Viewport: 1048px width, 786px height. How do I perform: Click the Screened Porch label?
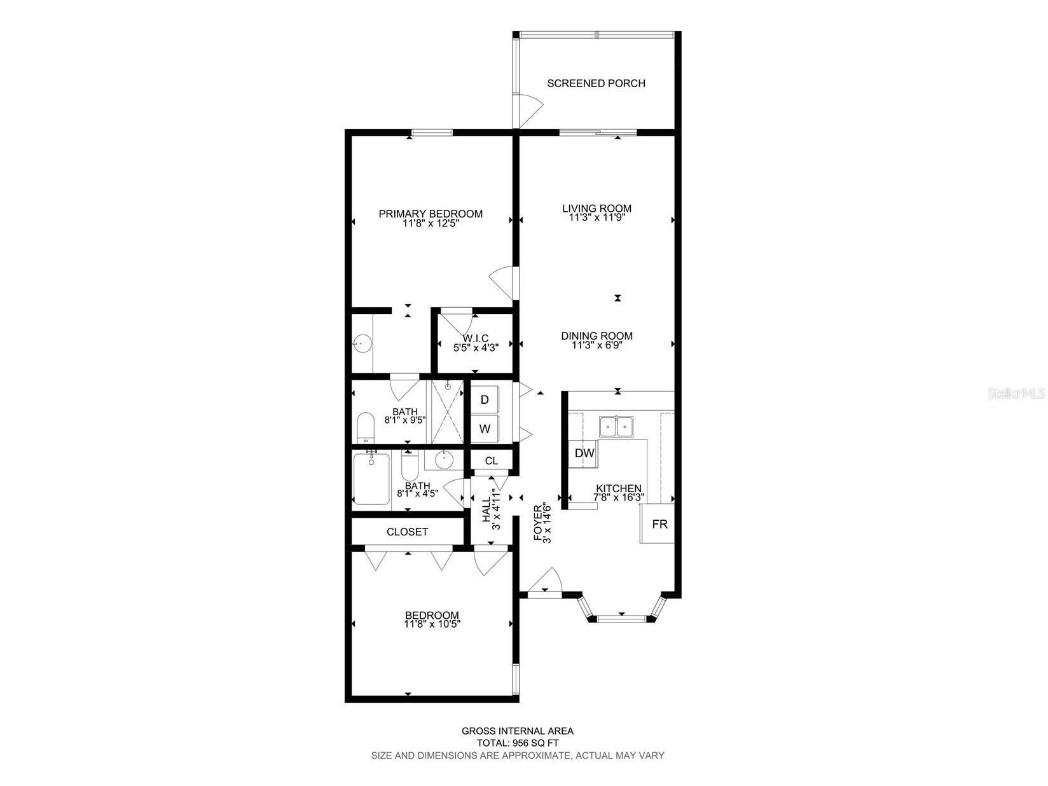click(x=596, y=83)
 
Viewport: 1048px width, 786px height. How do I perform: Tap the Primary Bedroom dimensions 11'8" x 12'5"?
click(x=431, y=224)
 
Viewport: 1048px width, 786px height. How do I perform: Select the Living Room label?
click(x=596, y=208)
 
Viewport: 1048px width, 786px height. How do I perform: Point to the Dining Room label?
click(x=596, y=336)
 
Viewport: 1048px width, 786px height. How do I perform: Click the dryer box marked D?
click(x=485, y=400)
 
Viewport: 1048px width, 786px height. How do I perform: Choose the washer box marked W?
click(x=485, y=429)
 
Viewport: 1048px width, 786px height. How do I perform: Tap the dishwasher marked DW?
click(x=584, y=453)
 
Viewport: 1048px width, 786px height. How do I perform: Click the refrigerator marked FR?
click(x=659, y=524)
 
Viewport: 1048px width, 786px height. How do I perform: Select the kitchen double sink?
click(x=616, y=426)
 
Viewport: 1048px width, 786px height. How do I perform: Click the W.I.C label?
click(x=475, y=338)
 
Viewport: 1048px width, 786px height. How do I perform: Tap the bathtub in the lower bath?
click(x=371, y=479)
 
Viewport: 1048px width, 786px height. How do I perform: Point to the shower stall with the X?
click(x=448, y=412)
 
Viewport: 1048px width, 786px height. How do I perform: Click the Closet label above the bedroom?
click(x=407, y=532)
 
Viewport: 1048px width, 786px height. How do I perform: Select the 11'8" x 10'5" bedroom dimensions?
click(x=432, y=624)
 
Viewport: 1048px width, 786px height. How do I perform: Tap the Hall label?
click(x=486, y=509)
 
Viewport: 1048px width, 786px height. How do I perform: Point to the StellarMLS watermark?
click(x=1016, y=394)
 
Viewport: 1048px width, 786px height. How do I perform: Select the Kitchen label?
click(x=618, y=488)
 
